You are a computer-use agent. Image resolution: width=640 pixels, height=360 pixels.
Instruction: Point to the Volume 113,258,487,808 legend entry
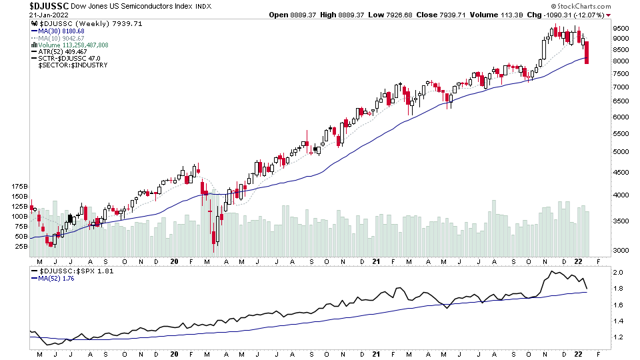74,45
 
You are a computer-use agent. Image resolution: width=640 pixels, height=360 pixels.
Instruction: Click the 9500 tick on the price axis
621,29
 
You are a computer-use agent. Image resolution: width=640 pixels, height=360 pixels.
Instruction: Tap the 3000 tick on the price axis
621,250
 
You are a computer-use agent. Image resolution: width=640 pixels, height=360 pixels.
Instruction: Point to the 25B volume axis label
20,246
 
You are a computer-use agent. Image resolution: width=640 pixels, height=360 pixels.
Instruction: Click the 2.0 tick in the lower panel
618,273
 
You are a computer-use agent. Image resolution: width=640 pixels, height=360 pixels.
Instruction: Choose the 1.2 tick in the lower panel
618,337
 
